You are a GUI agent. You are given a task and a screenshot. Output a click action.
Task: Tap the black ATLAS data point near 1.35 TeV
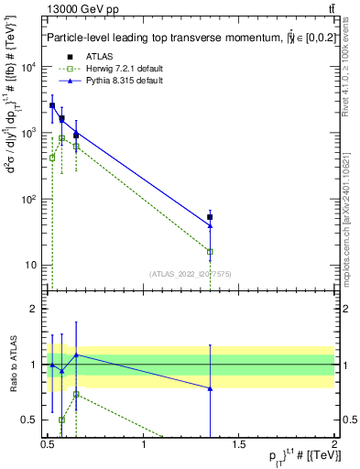[x=211, y=217]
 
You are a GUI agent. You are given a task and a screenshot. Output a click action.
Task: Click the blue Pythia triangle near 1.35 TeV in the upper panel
[x=211, y=225]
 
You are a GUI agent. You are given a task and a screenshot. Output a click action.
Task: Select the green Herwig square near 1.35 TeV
[x=211, y=251]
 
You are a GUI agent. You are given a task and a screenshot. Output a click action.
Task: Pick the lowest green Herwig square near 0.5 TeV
[x=52, y=158]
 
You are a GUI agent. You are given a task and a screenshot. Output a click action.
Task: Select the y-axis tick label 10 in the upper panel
[x=31, y=266]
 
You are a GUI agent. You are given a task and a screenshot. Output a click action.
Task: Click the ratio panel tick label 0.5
[x=29, y=420]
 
